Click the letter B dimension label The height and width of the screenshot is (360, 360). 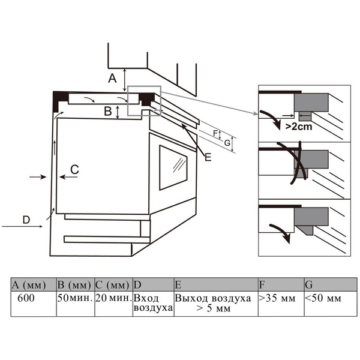[x=107, y=110]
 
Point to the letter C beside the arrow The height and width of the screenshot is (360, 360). [x=74, y=170]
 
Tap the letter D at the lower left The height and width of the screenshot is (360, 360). [x=26, y=220]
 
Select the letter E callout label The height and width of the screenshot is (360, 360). [x=208, y=157]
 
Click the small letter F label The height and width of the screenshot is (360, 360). [x=214, y=133]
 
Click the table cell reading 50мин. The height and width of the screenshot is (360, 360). [x=75, y=298]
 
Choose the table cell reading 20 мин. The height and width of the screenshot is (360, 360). [x=113, y=298]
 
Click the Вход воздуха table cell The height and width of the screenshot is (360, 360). [x=152, y=302]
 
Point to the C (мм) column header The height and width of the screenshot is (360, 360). [x=113, y=283]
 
